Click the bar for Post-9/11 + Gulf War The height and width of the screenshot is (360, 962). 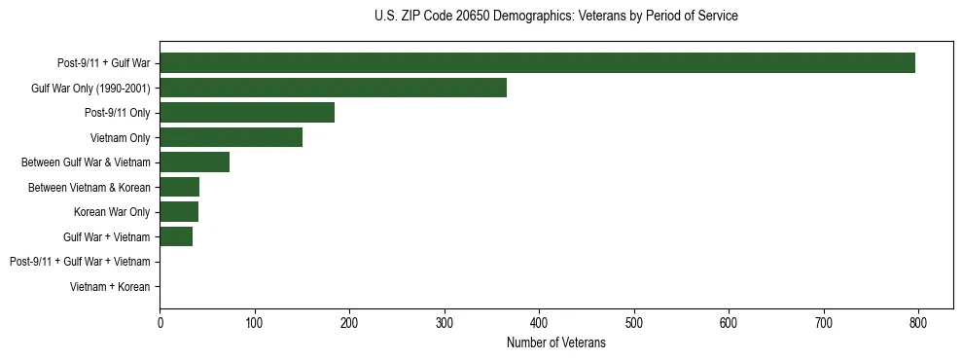[x=537, y=63]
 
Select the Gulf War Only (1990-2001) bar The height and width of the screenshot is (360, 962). [x=333, y=88]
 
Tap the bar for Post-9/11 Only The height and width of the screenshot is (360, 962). [x=247, y=113]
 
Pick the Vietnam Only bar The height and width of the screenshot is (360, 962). [x=231, y=137]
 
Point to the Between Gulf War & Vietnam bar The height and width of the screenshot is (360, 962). [x=195, y=162]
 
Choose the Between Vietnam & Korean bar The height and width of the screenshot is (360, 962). [x=179, y=187]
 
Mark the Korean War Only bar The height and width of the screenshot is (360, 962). [x=179, y=211]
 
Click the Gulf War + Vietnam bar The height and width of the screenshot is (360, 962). [x=176, y=236]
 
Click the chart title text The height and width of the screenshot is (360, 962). [x=555, y=17]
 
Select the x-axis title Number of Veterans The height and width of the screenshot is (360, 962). [x=555, y=342]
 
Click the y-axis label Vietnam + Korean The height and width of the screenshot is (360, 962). [x=110, y=286]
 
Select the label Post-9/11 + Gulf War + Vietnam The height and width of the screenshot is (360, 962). [x=80, y=261]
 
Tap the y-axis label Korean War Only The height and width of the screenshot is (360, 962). [x=112, y=211]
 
